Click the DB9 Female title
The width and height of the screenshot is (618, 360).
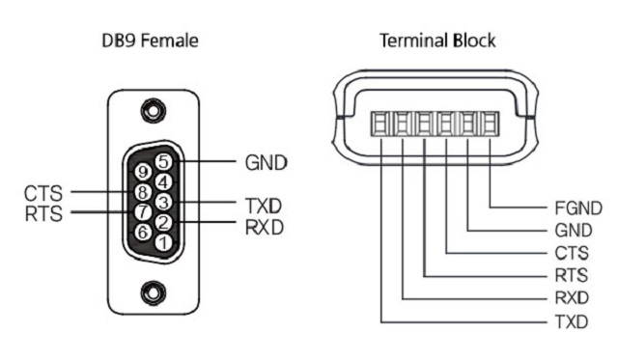pos(150,42)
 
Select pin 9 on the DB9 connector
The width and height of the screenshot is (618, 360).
pos(144,172)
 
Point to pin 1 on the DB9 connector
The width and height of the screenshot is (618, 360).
pos(164,241)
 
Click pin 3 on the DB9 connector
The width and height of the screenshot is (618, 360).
pos(164,202)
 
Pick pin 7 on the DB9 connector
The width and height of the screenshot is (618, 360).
pos(142,211)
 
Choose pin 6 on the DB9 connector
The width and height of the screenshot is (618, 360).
pos(143,232)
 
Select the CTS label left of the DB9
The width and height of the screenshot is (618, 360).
pos(44,194)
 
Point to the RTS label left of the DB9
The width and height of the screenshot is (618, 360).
pos(44,213)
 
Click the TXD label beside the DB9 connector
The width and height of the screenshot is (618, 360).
pos(263,206)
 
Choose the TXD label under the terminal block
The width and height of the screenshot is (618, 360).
pos(573,321)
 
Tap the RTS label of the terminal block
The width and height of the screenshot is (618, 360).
pos(573,276)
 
